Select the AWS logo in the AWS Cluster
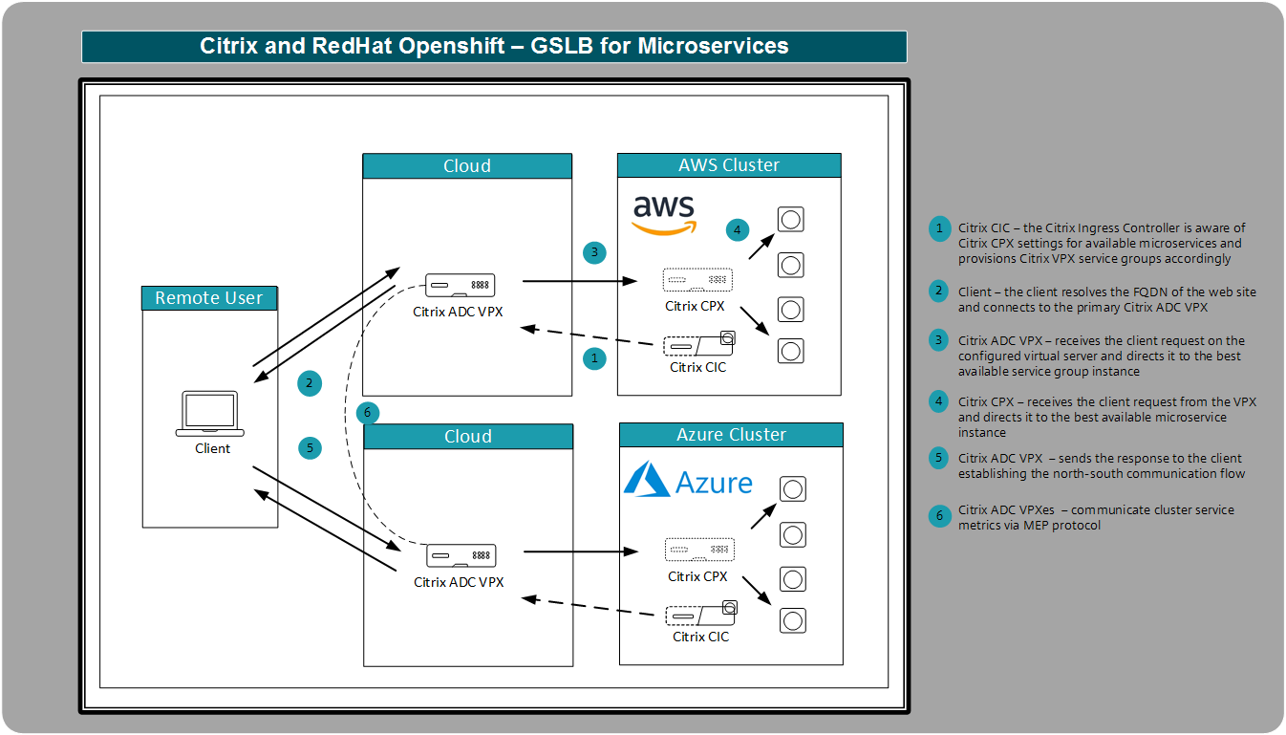point(665,215)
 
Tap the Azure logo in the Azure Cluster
point(688,480)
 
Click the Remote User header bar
point(209,298)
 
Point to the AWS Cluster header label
point(729,165)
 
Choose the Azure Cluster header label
point(731,435)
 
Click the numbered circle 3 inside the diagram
point(594,253)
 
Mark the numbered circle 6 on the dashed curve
point(368,413)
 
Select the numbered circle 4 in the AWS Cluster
point(736,229)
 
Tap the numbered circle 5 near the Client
point(310,447)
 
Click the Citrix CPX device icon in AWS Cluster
point(697,281)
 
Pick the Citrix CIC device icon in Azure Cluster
point(700,615)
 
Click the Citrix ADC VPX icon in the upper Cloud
point(460,285)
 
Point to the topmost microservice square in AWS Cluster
point(790,220)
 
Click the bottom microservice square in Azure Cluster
point(791,620)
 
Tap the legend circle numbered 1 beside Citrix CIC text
point(940,228)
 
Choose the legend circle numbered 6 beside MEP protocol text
point(940,516)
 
